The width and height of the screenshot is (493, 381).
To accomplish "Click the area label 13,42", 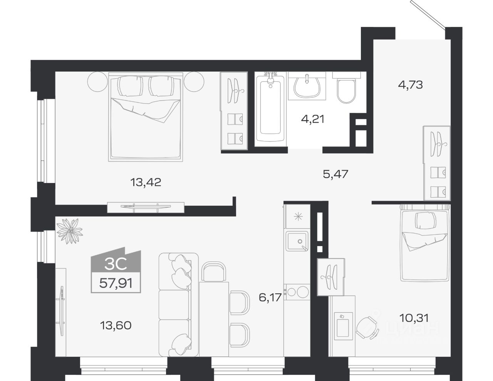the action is pyautogui.click(x=146, y=182).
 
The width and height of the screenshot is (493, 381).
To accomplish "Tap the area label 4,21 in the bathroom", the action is pyautogui.click(x=313, y=119).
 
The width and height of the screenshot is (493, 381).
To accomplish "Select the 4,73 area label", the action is pyautogui.click(x=410, y=85).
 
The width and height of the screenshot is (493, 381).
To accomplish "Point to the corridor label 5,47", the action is pyautogui.click(x=335, y=174).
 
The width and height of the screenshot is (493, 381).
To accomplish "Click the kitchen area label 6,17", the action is pyautogui.click(x=270, y=297).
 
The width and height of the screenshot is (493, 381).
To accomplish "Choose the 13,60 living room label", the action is pyautogui.click(x=116, y=325).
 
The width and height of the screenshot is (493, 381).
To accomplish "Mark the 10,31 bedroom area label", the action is pyautogui.click(x=414, y=318).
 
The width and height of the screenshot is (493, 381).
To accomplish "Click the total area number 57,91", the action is pyautogui.click(x=116, y=283).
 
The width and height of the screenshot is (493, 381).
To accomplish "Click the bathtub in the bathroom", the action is pyautogui.click(x=270, y=108).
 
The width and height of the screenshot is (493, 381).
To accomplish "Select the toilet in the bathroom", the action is pyautogui.click(x=346, y=90).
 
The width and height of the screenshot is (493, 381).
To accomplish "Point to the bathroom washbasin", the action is pyautogui.click(x=307, y=86).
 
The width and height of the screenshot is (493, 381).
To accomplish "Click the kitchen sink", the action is pyautogui.click(x=297, y=241).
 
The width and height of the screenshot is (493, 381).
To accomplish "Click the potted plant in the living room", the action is pyautogui.click(x=70, y=231).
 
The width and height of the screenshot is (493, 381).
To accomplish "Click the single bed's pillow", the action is pyautogui.click(x=425, y=221).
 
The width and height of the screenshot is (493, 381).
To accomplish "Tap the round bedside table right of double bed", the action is pyautogui.click(x=194, y=82).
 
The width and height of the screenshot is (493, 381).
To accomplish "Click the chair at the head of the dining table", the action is pyautogui.click(x=214, y=272).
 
